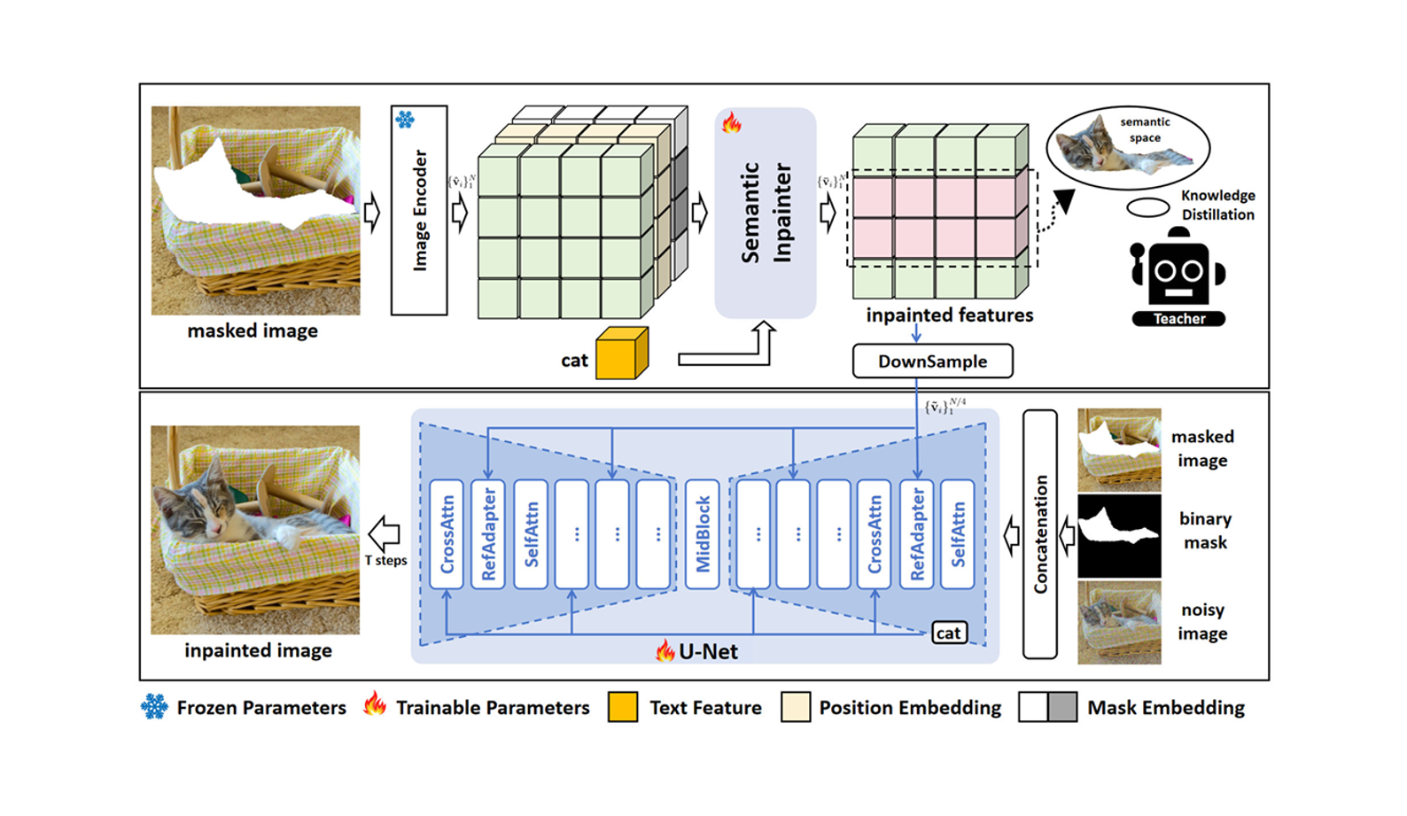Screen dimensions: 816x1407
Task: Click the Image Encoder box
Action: (x=419, y=210)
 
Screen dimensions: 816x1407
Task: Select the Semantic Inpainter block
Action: (x=766, y=213)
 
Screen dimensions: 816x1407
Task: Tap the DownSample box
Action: (x=932, y=361)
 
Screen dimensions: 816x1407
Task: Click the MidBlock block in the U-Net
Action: (x=702, y=534)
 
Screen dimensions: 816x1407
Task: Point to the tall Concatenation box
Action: (x=1040, y=534)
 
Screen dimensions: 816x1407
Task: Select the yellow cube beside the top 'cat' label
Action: (x=621, y=354)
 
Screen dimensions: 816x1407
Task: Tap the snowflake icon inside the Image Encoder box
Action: (x=405, y=120)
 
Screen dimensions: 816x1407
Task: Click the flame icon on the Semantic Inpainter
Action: (x=731, y=122)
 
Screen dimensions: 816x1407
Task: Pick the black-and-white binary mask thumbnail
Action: (x=1119, y=536)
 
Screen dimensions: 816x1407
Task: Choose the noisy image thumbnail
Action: (x=1119, y=623)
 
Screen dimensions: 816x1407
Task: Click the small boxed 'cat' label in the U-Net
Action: (x=948, y=633)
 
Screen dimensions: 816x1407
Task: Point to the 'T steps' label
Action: (x=386, y=561)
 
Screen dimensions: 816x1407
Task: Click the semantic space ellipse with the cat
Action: (x=1128, y=147)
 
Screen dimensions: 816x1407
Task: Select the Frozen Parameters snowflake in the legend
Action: (x=154, y=707)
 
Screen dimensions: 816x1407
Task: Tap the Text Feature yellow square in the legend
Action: (x=623, y=707)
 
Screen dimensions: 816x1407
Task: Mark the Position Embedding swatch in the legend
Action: (x=796, y=707)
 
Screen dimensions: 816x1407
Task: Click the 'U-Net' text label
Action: (x=708, y=652)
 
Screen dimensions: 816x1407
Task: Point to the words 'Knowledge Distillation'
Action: (x=1217, y=205)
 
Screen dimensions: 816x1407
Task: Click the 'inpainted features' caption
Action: (x=949, y=315)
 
